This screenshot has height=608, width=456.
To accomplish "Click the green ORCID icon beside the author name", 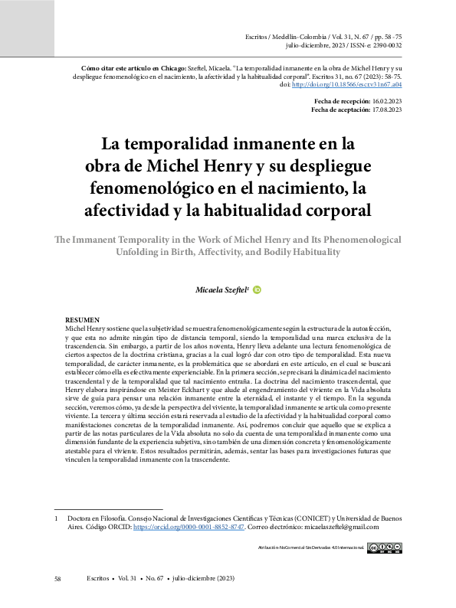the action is tap(257, 290).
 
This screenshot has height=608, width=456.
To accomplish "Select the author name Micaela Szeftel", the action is tap(221, 290).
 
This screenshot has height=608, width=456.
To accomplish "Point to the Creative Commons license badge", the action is tap(384, 548).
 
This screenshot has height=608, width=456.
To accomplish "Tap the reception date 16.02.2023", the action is tap(387, 102).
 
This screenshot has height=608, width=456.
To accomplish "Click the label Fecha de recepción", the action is tap(343, 102).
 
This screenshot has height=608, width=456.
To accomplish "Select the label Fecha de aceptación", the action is tap(340, 110).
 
